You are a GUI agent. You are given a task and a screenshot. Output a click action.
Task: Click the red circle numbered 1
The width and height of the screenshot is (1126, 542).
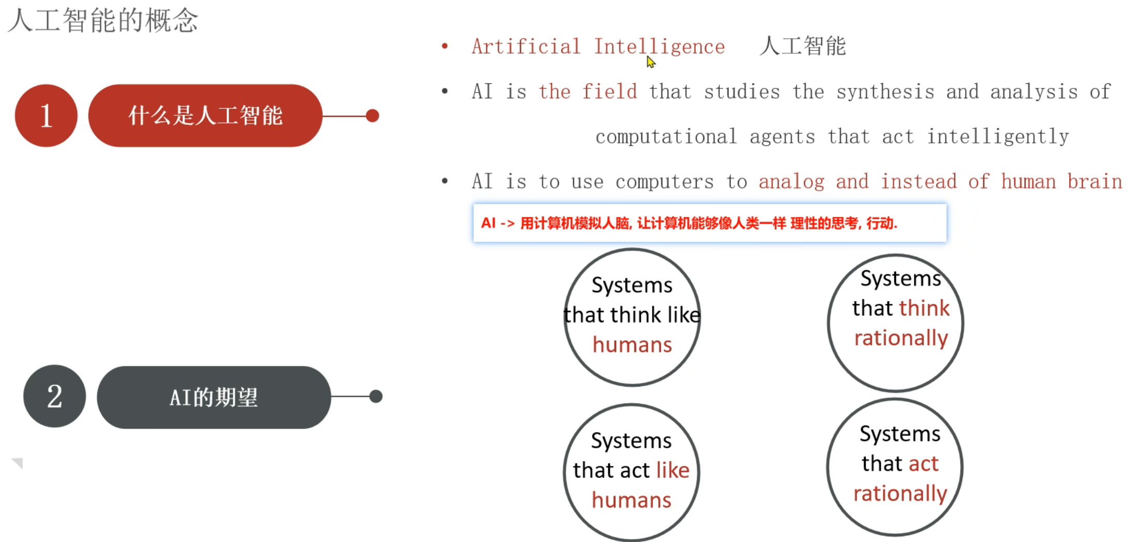tap(46, 115)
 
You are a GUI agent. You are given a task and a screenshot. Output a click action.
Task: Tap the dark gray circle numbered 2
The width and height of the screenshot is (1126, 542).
tap(54, 397)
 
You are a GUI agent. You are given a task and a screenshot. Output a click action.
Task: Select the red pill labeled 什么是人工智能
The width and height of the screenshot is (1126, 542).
tap(205, 115)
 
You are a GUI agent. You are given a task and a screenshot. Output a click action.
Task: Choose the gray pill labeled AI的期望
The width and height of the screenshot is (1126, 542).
tap(214, 398)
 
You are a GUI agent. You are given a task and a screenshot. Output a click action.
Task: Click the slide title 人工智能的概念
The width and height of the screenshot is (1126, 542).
tap(103, 21)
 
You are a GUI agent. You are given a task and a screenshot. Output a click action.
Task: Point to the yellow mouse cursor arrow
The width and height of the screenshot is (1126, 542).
tap(650, 62)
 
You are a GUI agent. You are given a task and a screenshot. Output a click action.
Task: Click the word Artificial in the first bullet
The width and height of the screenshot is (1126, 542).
tap(526, 47)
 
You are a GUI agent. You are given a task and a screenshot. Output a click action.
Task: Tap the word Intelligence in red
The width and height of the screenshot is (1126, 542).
tap(659, 47)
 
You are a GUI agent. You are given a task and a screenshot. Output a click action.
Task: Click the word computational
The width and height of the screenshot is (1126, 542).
tap(666, 137)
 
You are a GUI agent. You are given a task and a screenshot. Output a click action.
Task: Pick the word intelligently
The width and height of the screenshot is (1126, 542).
tap(998, 137)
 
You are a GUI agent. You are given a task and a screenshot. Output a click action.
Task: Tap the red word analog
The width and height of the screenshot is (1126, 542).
tap(791, 182)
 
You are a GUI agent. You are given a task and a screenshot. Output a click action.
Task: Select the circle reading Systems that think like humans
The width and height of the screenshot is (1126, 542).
tap(632, 317)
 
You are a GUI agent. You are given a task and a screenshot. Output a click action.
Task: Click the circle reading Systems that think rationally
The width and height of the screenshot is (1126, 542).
tap(896, 323)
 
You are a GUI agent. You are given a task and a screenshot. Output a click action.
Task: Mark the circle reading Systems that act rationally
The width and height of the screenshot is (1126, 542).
tap(895, 467)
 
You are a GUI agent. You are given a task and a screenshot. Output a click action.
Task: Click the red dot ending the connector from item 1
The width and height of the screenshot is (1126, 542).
tap(372, 115)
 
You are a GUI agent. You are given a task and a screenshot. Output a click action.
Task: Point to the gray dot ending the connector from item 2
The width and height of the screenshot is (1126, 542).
tap(376, 397)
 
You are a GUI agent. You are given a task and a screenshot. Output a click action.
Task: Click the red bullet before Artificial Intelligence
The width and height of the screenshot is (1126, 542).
tap(445, 47)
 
